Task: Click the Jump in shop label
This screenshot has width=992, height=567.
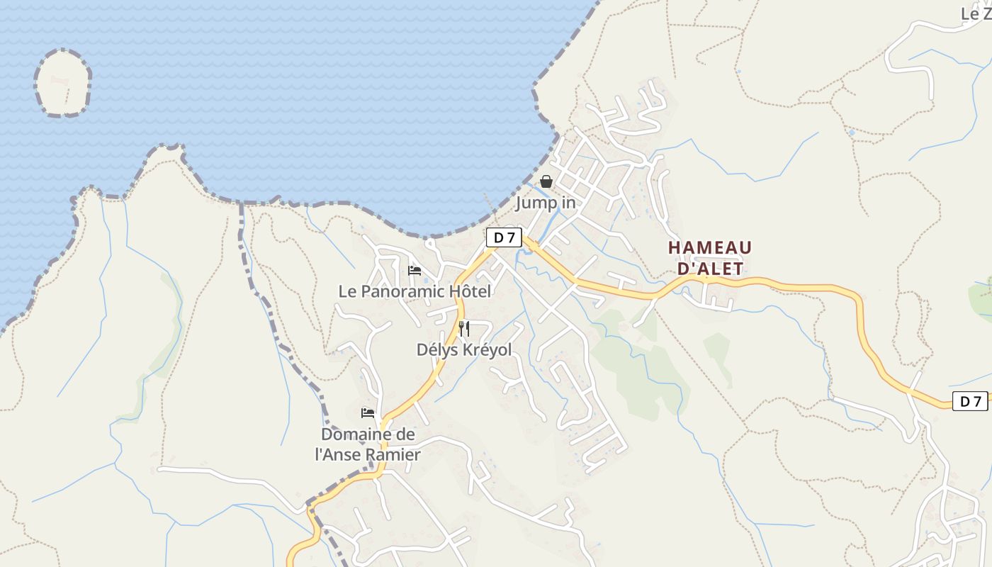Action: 545,203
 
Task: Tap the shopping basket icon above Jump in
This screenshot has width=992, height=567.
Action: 546,181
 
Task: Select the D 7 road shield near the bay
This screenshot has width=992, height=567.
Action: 504,237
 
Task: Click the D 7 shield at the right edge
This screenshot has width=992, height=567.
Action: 969,401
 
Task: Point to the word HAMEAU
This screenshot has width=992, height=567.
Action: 709,248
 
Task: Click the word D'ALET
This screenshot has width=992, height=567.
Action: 710,269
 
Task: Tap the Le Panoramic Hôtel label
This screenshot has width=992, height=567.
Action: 415,291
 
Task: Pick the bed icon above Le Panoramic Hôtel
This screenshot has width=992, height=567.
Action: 415,270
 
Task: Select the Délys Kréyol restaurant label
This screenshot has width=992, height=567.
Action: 463,350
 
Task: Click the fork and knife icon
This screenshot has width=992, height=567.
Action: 464,328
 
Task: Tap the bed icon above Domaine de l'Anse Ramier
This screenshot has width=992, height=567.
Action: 368,412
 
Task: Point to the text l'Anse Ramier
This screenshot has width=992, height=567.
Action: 368,455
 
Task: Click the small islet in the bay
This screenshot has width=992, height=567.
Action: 63,83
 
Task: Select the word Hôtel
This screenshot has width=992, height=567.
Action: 468,291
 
